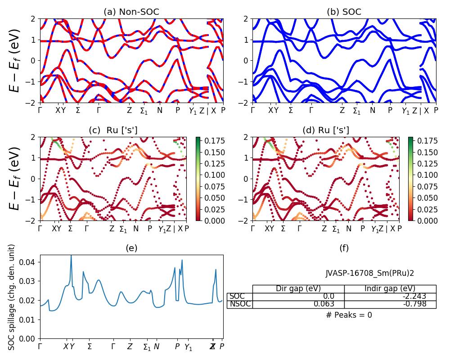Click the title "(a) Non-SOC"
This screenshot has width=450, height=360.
point(131,12)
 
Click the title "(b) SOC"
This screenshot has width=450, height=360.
point(344,12)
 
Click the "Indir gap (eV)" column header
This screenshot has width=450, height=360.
point(390,288)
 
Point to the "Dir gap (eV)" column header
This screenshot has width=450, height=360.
point(298,288)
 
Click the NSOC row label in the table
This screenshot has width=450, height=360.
point(239,304)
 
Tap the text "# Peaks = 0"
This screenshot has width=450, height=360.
point(349,315)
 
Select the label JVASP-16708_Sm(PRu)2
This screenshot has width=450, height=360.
point(370,273)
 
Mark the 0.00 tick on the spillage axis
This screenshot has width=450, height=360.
point(29,338)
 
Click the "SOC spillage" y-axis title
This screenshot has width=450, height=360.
point(12,297)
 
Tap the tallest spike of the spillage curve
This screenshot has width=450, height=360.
point(71,256)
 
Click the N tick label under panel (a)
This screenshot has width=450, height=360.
point(159,110)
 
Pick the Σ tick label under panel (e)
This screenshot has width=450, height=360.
point(90,346)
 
